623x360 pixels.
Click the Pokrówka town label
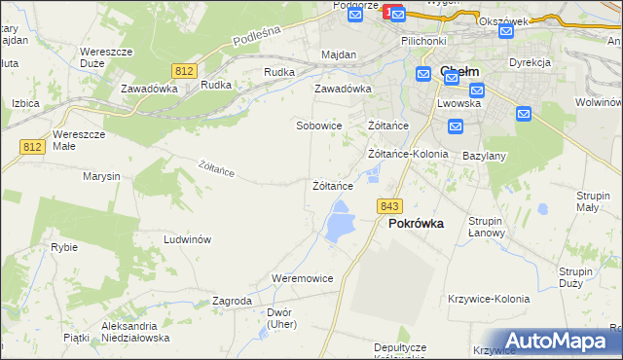[x=416, y=223]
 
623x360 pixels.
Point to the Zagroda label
[x=232, y=302]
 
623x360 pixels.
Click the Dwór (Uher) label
[x=280, y=318]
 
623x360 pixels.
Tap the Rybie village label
[x=64, y=247]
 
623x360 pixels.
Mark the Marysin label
[x=101, y=176]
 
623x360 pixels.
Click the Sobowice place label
[x=319, y=126]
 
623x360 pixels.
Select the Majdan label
[x=338, y=55]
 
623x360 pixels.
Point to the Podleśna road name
[x=257, y=37]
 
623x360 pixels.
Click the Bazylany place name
[x=485, y=156]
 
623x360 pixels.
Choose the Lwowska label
[x=458, y=102]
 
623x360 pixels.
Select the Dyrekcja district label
[x=530, y=62]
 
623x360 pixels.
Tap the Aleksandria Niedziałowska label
[x=135, y=332]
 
